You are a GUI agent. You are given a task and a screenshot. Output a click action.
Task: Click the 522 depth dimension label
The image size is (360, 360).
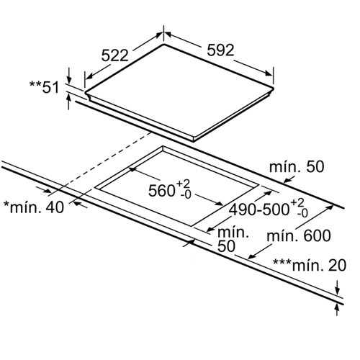(x=115, y=55)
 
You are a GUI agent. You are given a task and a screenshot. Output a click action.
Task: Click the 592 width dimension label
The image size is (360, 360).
(x=220, y=50)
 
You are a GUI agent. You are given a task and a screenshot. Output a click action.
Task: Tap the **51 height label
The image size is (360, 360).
(x=44, y=87)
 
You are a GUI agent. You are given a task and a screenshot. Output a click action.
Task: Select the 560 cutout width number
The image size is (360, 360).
(x=161, y=191)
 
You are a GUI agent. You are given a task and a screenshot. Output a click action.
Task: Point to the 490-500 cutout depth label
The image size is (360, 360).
(x=258, y=210)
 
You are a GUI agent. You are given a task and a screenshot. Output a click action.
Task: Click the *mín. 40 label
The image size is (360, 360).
(x=34, y=207)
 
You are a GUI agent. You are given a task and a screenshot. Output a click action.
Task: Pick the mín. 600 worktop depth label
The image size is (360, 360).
(x=299, y=235)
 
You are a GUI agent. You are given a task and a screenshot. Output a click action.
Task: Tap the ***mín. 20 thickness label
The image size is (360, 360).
(x=310, y=265)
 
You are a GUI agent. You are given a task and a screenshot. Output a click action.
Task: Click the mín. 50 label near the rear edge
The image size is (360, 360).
(x=297, y=166)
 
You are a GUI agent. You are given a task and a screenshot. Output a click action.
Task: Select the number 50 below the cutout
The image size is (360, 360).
(x=226, y=246)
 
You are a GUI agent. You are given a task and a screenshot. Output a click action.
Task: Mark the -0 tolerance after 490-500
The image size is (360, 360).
(x=302, y=213)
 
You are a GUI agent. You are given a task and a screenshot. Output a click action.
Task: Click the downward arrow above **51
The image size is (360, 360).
(x=69, y=76)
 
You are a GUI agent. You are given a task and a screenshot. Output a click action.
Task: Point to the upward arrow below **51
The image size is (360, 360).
(x=69, y=102)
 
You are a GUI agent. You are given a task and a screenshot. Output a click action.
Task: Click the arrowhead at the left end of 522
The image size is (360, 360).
(x=89, y=76)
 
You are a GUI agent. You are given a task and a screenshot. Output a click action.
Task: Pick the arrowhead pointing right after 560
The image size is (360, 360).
(x=218, y=203)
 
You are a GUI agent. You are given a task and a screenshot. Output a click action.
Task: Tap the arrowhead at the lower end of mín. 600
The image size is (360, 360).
(x=251, y=256)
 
